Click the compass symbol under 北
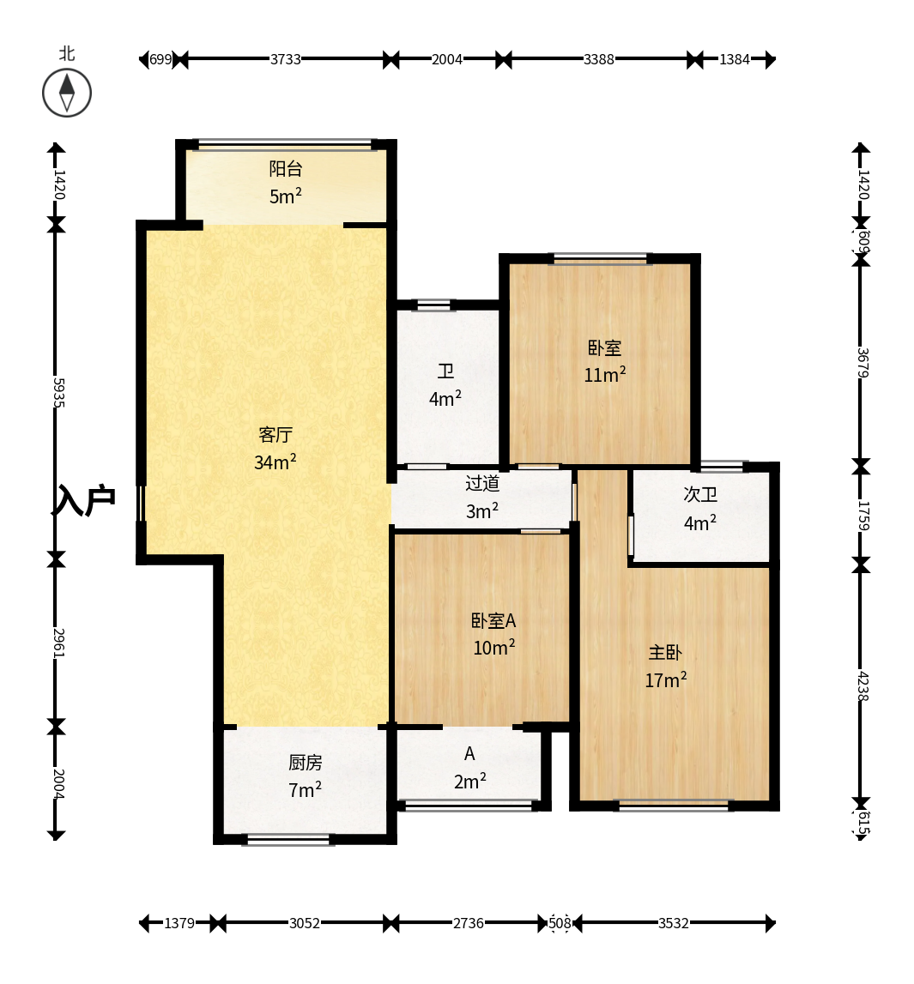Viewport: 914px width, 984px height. point(67,93)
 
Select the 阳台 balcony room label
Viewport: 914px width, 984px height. point(286,169)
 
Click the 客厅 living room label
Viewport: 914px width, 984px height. point(275,434)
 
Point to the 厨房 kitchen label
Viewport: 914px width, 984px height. point(305,763)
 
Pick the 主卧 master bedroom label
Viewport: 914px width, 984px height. point(665,653)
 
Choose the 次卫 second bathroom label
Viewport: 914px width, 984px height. point(700,494)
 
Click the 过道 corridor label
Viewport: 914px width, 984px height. point(482,483)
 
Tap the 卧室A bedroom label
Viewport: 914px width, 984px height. point(493,620)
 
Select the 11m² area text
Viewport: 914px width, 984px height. point(604,375)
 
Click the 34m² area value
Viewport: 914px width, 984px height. point(275,462)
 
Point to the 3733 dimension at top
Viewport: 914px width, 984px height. point(286,59)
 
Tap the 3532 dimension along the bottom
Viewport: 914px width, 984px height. point(674,923)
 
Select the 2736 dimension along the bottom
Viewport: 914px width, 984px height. point(469,923)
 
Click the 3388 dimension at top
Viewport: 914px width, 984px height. point(599,59)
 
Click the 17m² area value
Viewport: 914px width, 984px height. point(666,679)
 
